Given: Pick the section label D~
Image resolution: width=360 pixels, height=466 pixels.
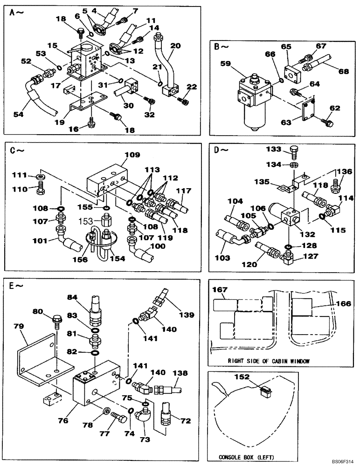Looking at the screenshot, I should pos(220,150).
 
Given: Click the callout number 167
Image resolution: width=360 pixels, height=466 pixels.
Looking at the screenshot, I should pos(220,290).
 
